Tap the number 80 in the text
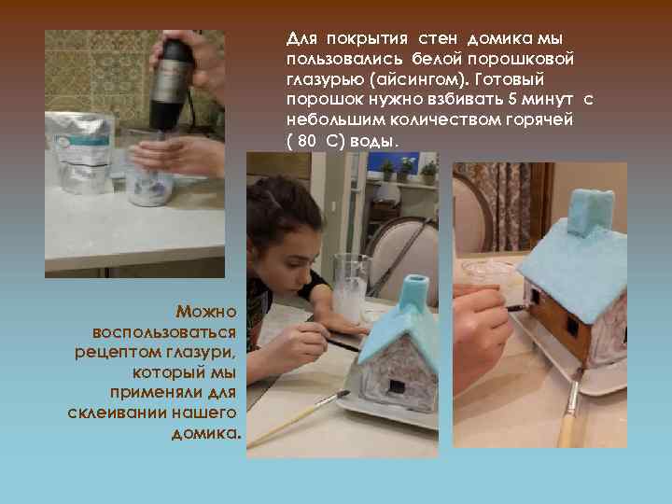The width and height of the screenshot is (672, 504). tap(309, 141)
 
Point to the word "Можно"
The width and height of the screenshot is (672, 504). tap(207, 312)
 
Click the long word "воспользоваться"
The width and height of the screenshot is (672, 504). tap(166, 332)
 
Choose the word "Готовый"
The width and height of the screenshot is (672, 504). tap(519, 80)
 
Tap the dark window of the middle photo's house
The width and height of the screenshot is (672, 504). tap(396, 385)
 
